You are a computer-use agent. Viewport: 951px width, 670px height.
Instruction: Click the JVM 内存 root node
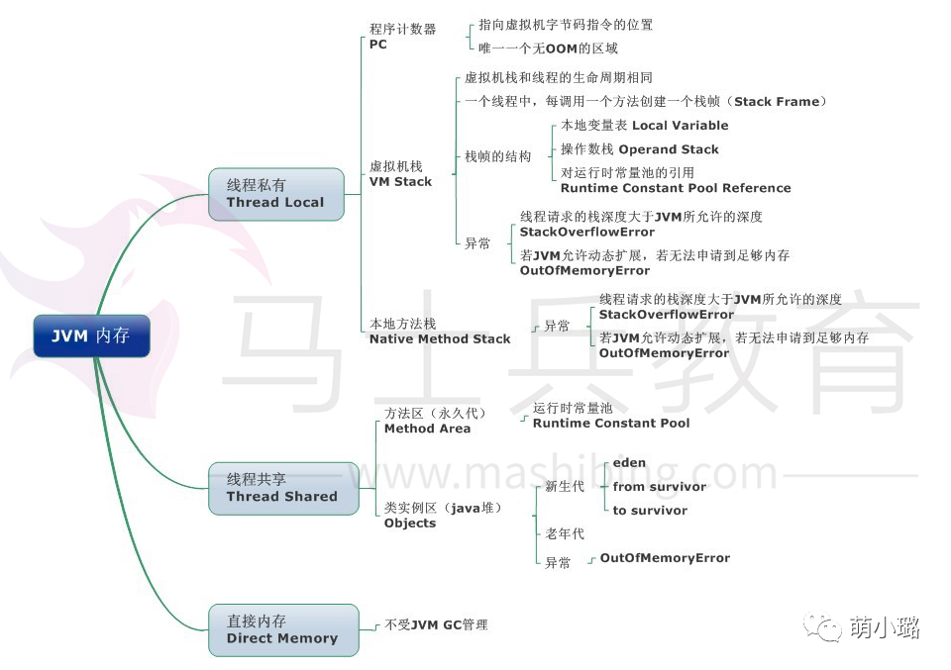click(91, 335)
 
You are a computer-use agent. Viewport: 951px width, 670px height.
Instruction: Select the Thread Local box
click(275, 193)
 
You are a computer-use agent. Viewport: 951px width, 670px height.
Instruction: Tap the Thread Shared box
click(282, 488)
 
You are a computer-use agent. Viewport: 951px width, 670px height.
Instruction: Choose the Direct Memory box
click(282, 629)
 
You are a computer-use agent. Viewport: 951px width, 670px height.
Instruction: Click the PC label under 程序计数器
click(378, 45)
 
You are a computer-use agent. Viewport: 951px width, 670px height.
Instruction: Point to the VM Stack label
click(400, 181)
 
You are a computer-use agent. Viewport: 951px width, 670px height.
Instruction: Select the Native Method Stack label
click(440, 338)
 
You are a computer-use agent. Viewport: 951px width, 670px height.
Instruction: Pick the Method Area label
click(427, 429)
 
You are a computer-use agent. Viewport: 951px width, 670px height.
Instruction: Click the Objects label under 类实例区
click(410, 523)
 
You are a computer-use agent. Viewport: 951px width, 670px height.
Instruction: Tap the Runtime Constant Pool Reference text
click(676, 188)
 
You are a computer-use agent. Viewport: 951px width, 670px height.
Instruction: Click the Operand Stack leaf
click(669, 149)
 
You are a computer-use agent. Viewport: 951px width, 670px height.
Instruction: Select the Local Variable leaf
click(680, 126)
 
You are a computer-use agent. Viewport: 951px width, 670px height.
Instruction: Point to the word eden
click(629, 462)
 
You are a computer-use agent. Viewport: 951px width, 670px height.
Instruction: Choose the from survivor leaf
click(660, 486)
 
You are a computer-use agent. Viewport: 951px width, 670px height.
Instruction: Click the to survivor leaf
click(650, 510)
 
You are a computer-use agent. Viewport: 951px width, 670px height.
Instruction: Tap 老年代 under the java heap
click(565, 533)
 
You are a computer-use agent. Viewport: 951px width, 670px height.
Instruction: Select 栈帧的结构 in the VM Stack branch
click(498, 156)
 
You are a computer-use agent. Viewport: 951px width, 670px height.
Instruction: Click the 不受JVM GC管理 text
click(436, 624)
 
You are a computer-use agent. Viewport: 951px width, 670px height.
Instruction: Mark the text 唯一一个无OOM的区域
click(548, 48)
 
